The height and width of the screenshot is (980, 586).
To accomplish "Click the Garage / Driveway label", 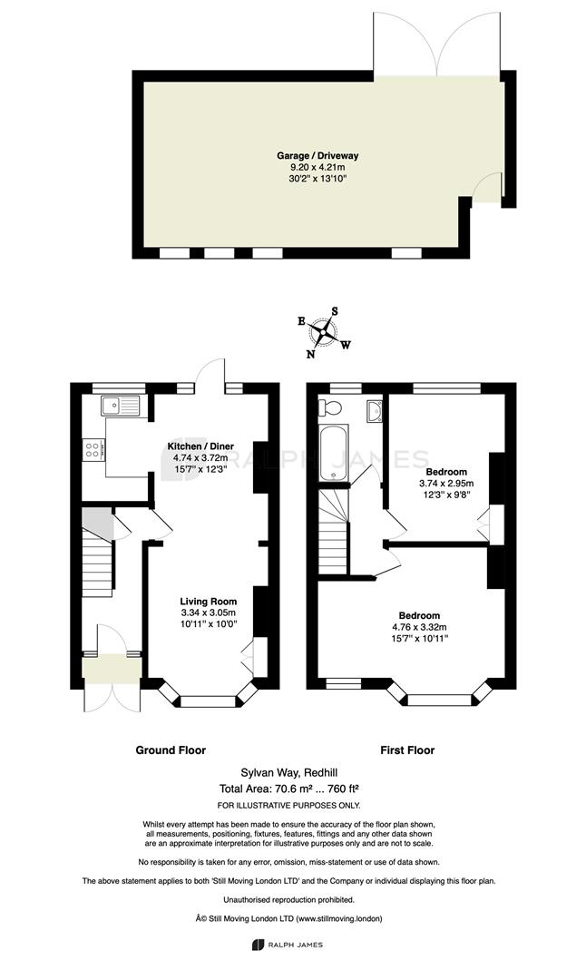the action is click(x=318, y=156).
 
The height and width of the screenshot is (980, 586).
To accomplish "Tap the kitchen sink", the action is click(x=122, y=407).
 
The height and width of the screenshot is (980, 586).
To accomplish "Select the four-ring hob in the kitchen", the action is click(x=93, y=449).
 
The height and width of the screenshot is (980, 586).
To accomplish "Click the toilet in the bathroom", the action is click(x=329, y=408).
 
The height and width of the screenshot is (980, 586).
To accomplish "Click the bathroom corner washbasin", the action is click(x=375, y=411).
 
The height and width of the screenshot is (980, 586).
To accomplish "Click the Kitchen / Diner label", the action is click(x=200, y=446).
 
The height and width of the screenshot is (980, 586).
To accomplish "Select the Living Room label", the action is click(x=209, y=602).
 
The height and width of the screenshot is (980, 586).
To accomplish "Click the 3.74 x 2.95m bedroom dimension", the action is click(x=446, y=483).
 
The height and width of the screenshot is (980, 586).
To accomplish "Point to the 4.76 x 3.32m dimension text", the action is click(x=419, y=627).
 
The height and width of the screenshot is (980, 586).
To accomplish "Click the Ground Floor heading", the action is click(x=171, y=750).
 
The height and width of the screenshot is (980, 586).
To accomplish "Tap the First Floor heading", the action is click(x=407, y=750).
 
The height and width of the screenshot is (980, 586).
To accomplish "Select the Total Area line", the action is click(x=289, y=789).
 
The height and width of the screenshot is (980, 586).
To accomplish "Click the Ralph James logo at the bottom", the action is click(x=288, y=945).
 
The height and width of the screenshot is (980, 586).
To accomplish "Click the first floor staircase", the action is click(x=333, y=531).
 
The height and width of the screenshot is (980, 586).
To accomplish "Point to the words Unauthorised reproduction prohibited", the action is click(x=289, y=900).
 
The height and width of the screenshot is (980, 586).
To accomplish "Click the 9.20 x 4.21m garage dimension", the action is click(x=318, y=168).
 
